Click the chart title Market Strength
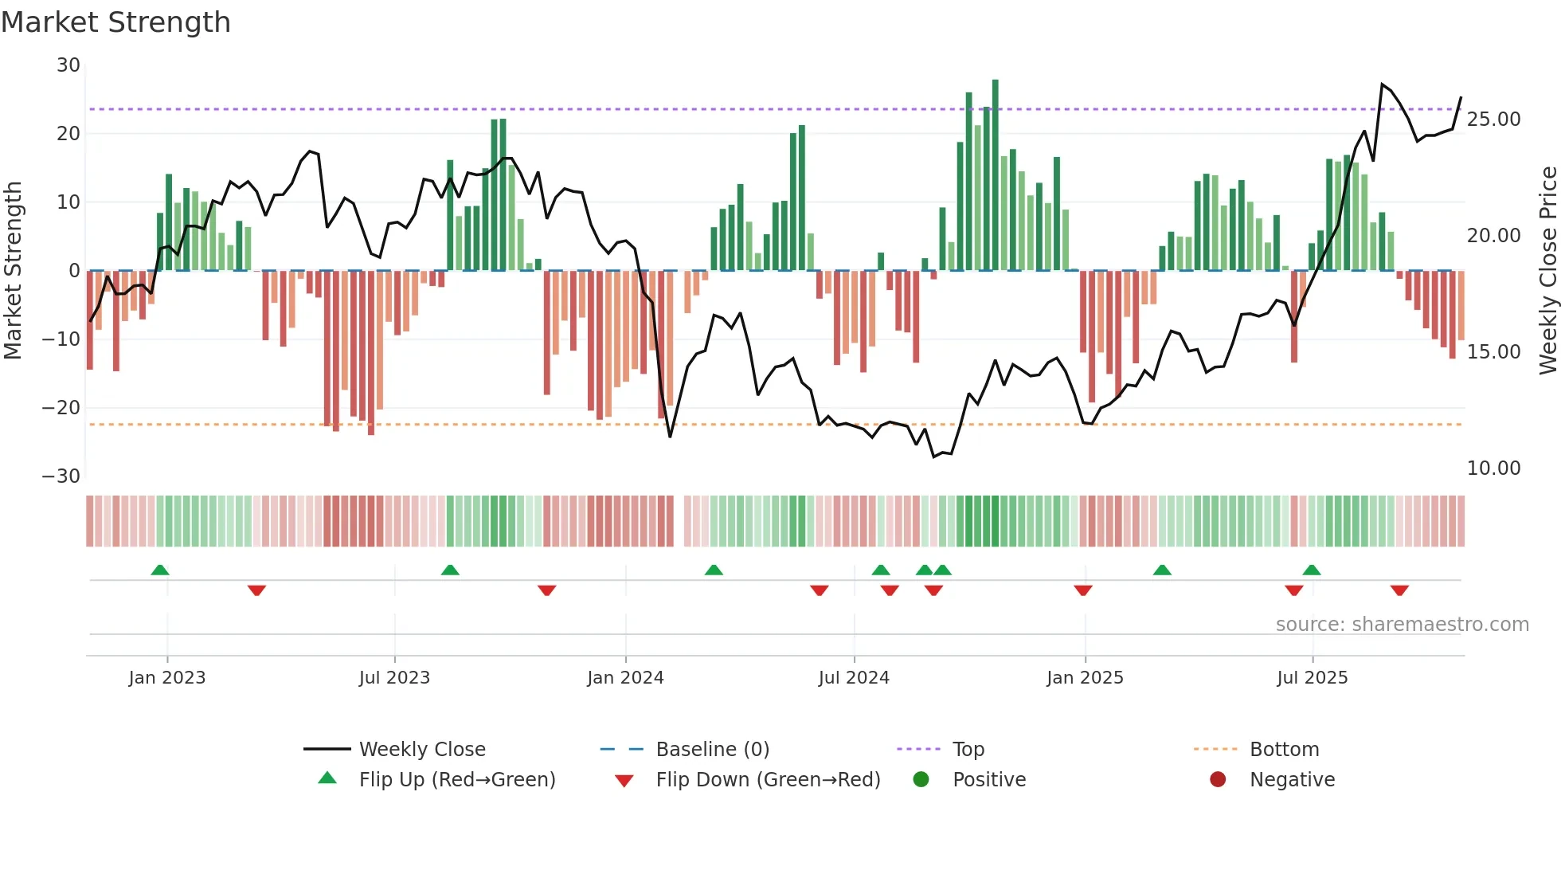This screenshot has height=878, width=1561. pyautogui.click(x=115, y=22)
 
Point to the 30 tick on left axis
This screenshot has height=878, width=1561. pyautogui.click(x=68, y=65)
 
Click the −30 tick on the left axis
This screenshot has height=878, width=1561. pyautogui.click(x=61, y=476)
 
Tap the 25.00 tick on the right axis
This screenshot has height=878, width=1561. pyautogui.click(x=1493, y=120)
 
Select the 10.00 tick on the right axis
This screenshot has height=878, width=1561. pyautogui.click(x=1493, y=468)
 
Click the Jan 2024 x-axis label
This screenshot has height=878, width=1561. pyautogui.click(x=625, y=678)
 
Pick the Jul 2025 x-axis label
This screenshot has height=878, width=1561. pyautogui.click(x=1312, y=678)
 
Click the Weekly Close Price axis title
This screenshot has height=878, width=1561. pyautogui.click(x=1547, y=271)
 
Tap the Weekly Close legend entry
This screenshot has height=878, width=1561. pyautogui.click(x=421, y=750)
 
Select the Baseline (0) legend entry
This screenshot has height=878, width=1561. pyautogui.click(x=712, y=750)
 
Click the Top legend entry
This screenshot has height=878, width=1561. pyautogui.click(x=968, y=750)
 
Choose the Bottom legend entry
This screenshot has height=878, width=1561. pyautogui.click(x=1284, y=750)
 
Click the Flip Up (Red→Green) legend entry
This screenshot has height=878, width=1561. pyautogui.click(x=456, y=780)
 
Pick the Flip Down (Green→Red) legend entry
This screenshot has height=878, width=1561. pyautogui.click(x=768, y=780)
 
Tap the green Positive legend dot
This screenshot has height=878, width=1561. pyautogui.click(x=921, y=780)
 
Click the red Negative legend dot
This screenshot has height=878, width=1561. pyautogui.click(x=1218, y=780)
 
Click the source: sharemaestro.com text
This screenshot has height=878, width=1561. pyautogui.click(x=1402, y=625)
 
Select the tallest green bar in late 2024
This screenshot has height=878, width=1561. pyautogui.click(x=995, y=175)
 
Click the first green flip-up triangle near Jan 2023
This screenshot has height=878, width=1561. pyautogui.click(x=160, y=570)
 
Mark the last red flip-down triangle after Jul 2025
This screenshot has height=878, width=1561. pyautogui.click(x=1399, y=590)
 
